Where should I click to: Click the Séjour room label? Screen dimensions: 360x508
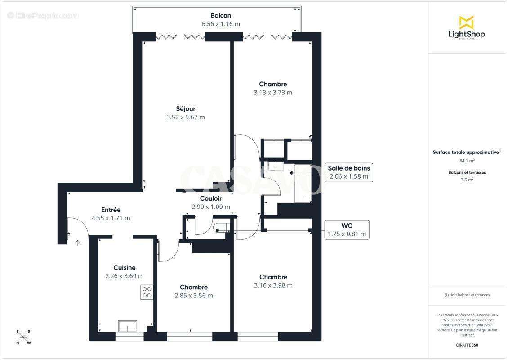pos(185,108)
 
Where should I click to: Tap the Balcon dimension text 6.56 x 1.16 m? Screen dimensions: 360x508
pos(220,24)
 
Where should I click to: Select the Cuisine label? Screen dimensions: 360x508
pos(124,267)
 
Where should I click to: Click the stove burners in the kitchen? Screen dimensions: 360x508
pos(147,292)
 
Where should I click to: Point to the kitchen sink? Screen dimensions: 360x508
pos(127,325)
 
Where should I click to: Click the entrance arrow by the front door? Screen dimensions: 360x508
pos(78,243)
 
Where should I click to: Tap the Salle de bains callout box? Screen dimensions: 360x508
pos(349,172)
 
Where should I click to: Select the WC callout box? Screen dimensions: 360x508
pos(347,229)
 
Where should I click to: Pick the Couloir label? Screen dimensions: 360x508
pos(210,198)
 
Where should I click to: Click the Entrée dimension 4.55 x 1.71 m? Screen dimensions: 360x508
pos(111,218)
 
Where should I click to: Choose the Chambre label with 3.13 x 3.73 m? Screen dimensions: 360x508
pos(272,84)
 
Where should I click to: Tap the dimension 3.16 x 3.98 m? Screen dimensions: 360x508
pos(273,285)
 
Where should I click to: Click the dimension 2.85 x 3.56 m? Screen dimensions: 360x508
pos(193,296)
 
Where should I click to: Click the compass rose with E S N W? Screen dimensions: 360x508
pos(23,337)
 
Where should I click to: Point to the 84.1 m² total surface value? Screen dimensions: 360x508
pos(467,160)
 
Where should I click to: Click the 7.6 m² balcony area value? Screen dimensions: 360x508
pos(467,180)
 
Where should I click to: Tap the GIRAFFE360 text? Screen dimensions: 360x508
pos(467,344)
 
